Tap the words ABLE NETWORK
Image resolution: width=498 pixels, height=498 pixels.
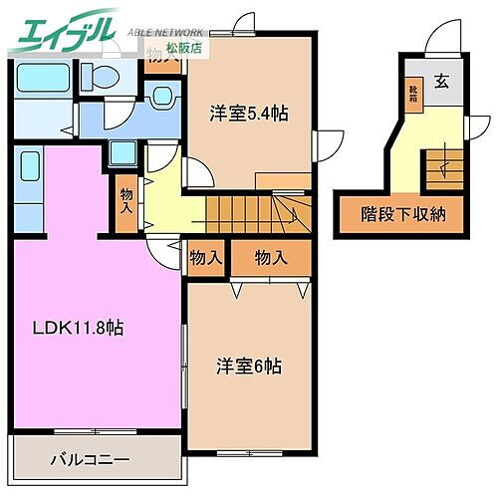tap(167, 31)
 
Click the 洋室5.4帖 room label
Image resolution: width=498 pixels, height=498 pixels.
tap(249, 114)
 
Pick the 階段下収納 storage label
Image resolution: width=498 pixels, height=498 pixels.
tap(402, 214)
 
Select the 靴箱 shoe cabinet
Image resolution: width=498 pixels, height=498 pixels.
tap(411, 95)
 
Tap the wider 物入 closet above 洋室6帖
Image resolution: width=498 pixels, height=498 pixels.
tap(271, 258)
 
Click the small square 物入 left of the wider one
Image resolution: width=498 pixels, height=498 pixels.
tap(205, 258)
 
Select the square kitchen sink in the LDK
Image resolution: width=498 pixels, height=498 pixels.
tap(124, 154)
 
